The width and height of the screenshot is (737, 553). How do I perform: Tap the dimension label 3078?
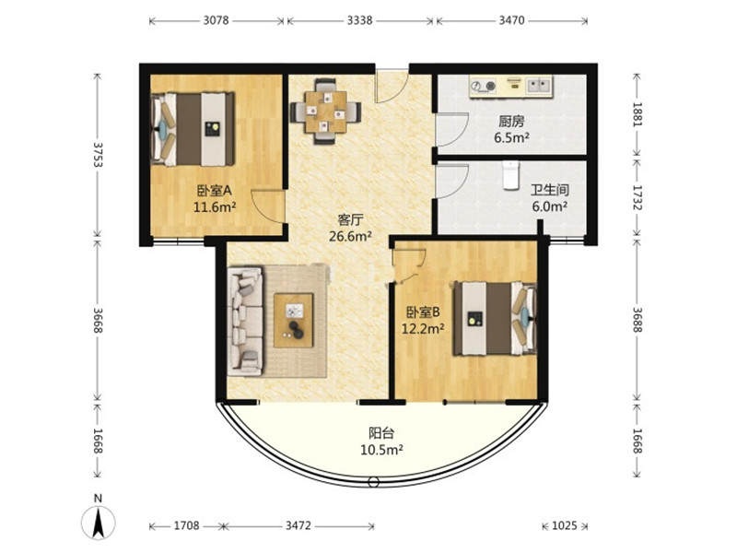pyautogui.click(x=216, y=20)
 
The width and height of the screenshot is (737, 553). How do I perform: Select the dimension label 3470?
pyautogui.click(x=511, y=20)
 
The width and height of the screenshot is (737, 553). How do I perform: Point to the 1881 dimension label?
pyautogui.click(x=637, y=113)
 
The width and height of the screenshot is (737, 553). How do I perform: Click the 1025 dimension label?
pyautogui.click(x=564, y=525)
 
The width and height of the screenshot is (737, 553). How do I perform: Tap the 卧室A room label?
pyautogui.click(x=215, y=191)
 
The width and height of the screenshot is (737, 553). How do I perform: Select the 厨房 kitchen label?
pyautogui.click(x=511, y=122)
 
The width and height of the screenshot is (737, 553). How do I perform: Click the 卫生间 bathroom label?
pyautogui.click(x=549, y=191)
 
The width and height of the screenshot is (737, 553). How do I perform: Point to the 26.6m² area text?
pyautogui.click(x=350, y=236)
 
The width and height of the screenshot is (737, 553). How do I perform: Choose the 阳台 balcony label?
pyautogui.click(x=381, y=432)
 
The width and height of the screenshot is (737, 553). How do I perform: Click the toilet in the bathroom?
pyautogui.click(x=510, y=175)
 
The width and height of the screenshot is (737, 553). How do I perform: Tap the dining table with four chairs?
pyautogui.click(x=325, y=112)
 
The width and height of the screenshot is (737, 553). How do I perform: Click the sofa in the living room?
pyautogui.click(x=245, y=322)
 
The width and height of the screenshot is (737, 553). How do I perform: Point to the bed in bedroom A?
pyautogui.click(x=193, y=129)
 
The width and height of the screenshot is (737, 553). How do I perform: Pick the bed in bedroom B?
pyautogui.click(x=495, y=318)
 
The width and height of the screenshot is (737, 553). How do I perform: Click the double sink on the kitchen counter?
pyautogui.click(x=539, y=86)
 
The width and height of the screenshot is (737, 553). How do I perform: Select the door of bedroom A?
pyautogui.click(x=268, y=206)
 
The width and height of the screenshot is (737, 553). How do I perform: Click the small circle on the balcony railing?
pyautogui.click(x=374, y=482)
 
